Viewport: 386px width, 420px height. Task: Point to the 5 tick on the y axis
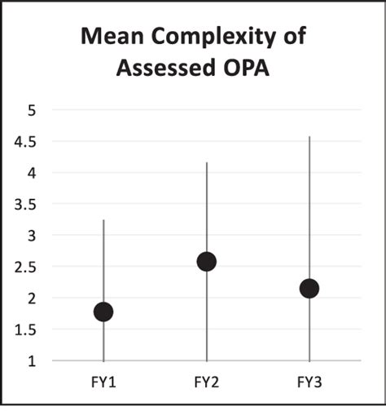(x=32, y=110)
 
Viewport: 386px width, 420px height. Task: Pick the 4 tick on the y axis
(x=32, y=173)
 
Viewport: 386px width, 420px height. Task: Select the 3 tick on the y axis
(x=32, y=236)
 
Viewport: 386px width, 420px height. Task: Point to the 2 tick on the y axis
(x=32, y=298)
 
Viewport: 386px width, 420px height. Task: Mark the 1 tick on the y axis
(x=32, y=361)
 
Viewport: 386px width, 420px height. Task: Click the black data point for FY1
(x=103, y=312)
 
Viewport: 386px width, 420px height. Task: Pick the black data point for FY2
(x=207, y=261)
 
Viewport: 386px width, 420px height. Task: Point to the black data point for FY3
(x=309, y=288)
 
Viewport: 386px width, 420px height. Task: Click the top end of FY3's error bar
(x=309, y=137)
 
